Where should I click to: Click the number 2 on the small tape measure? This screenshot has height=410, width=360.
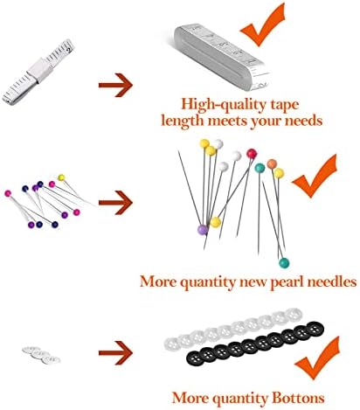[68, 50]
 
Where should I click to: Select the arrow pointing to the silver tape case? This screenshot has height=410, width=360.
[115, 85]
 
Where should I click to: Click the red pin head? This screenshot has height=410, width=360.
[252, 153]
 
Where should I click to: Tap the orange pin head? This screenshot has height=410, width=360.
[272, 163]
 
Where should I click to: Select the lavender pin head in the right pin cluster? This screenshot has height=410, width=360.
[203, 230]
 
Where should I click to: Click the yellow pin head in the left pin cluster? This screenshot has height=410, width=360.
[61, 177]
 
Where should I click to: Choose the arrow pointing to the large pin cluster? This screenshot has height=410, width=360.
[115, 203]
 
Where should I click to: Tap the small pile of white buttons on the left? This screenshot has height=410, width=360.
[41, 355]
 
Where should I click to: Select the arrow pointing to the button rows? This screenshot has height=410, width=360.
[115, 353]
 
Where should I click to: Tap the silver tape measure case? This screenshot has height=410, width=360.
[221, 56]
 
